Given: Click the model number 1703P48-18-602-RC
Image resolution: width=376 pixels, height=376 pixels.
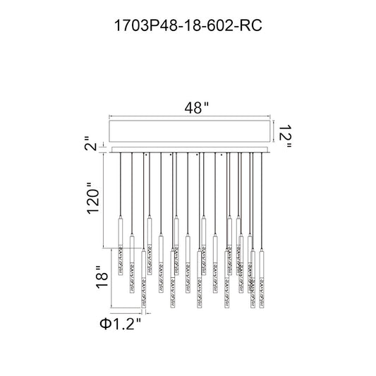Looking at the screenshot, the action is coord(188,25).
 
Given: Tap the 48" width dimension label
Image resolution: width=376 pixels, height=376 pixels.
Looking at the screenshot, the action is coord(197,108).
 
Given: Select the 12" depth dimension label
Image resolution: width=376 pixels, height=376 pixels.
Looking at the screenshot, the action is coord(285,136).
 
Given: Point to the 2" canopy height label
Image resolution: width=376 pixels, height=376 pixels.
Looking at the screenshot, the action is coord(90,144).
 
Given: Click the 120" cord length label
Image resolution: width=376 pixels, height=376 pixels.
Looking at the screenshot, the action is coord(93,198).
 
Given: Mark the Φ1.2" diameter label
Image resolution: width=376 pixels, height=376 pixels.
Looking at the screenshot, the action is coord(121,324).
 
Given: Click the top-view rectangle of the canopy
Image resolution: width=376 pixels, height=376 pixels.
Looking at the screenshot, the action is coord(190,131).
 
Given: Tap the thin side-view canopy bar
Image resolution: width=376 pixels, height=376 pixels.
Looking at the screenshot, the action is coord(190,150).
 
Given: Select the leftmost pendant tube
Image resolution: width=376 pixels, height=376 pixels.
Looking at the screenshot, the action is coord(121,245).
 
